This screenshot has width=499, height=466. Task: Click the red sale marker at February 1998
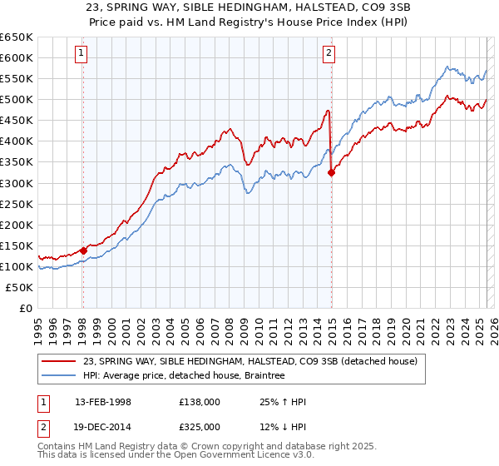pyautogui.click(x=83, y=250)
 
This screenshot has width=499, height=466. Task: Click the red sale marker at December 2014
pyautogui.click(x=332, y=172)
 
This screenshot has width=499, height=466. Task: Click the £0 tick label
pyautogui.click(x=25, y=308)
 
